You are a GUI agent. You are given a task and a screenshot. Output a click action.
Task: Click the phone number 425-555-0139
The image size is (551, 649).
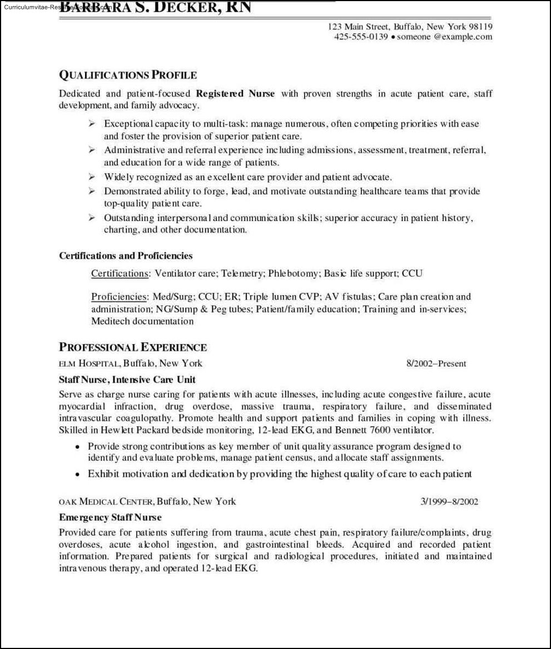[x=361, y=37]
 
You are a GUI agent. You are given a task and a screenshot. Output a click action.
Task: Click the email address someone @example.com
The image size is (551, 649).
[x=444, y=37]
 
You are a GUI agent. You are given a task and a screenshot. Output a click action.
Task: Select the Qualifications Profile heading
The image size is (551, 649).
[x=128, y=75]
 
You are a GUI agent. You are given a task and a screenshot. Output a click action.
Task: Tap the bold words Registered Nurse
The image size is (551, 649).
[x=235, y=94]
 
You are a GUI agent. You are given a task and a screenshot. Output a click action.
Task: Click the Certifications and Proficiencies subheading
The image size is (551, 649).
[x=126, y=256]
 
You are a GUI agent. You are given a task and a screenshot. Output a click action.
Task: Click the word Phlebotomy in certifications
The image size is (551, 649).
[x=294, y=273]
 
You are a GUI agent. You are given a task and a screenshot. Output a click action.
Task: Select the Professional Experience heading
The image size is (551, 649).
[x=133, y=348]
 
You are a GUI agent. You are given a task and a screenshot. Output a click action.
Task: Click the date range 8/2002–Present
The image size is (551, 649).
[x=436, y=364]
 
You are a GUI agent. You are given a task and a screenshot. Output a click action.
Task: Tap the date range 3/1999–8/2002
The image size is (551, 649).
[x=449, y=502]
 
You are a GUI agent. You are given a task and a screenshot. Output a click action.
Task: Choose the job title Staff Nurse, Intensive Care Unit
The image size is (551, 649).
[x=127, y=380]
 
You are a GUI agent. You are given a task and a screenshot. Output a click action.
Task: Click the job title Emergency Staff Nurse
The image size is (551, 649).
[x=110, y=517]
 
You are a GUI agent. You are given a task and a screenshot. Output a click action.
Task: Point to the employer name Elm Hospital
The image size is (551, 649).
[x=88, y=364]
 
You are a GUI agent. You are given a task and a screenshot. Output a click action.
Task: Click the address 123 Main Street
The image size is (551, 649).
[x=359, y=27]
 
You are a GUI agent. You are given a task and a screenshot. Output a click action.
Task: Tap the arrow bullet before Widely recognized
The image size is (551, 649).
[x=92, y=177]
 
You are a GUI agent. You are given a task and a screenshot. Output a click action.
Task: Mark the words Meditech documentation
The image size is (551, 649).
[x=142, y=321]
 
